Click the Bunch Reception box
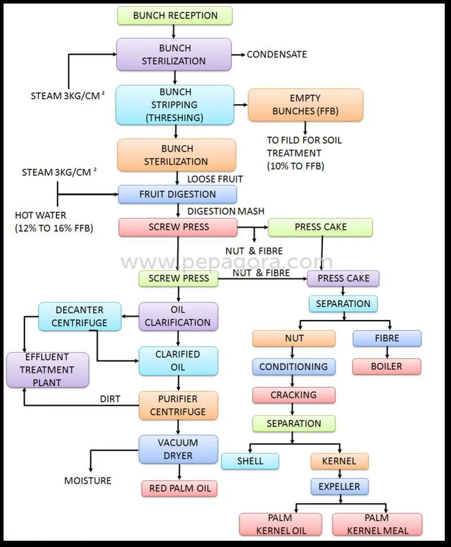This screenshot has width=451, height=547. tap(175, 16)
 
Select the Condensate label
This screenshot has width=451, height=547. tap(277, 55)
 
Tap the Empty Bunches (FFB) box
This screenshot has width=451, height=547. tap(306, 105)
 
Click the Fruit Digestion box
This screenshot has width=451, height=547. tap(177, 194)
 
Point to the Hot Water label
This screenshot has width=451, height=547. tap(41, 215)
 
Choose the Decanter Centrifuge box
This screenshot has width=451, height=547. tap(79, 317)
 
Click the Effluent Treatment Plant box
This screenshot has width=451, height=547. tap(47, 370)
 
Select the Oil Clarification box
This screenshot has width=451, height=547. tap(178, 317)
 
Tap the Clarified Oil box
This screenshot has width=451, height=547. tap(178, 361)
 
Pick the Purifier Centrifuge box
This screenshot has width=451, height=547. tap(178, 406)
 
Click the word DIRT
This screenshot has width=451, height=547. tap(110, 399)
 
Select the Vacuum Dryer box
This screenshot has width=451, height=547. tap(178, 449)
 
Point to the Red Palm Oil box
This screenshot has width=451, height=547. tap(179, 488)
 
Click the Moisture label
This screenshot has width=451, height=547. tap(87, 481)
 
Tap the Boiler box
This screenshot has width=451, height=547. tap(387, 366)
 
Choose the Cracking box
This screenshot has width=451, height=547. tap(293, 395)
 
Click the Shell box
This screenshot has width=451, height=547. tap(250, 461)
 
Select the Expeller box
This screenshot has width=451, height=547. tap(339, 486)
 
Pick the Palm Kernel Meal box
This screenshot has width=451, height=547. tap(377, 524)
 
